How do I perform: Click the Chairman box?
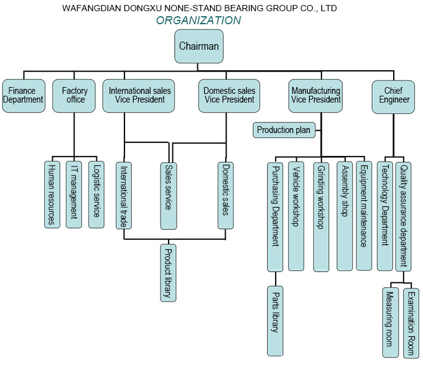(198, 47)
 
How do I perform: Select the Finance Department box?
(24, 96)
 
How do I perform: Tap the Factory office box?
(74, 96)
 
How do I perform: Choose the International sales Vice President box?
(140, 96)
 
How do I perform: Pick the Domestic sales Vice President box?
(230, 96)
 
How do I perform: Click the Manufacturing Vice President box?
(316, 96)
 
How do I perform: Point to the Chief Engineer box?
(394, 96)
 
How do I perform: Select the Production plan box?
(284, 130)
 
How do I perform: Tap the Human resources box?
(52, 194)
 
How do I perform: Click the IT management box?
(74, 194)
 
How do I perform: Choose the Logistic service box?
(96, 194)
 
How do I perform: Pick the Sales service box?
(168, 194)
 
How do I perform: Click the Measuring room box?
(390, 322)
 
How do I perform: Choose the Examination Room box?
(410, 322)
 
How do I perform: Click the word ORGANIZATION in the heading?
(198, 21)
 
